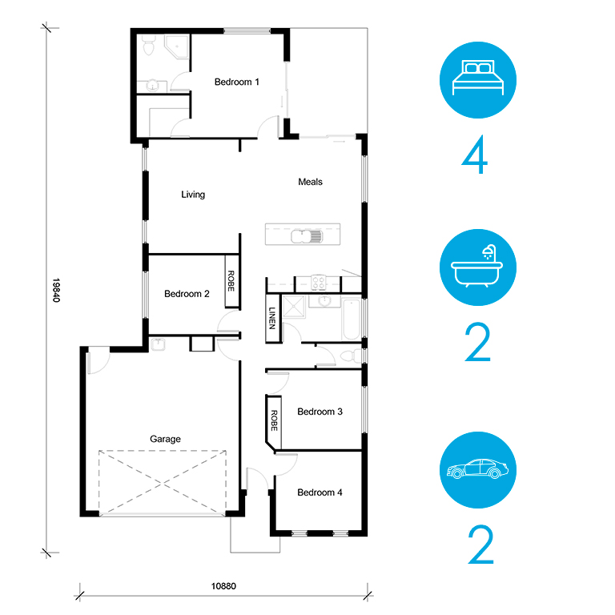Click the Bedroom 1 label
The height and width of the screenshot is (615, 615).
click(236, 82)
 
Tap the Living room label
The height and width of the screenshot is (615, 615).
click(193, 195)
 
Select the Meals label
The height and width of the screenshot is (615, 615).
click(310, 182)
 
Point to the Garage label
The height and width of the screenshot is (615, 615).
click(165, 439)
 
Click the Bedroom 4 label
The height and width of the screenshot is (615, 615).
click(320, 492)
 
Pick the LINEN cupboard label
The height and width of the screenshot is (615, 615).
click(272, 318)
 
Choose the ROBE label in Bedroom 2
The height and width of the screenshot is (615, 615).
click(231, 281)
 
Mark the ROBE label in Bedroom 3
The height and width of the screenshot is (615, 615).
click(274, 420)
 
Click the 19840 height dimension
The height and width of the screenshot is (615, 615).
click(56, 290)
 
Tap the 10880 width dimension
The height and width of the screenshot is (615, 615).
click(223, 586)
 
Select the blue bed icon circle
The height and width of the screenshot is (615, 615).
click(478, 80)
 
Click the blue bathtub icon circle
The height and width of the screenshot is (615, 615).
click(478, 267)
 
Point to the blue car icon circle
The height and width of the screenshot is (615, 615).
click(478, 470)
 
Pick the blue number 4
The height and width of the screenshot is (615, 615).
click(475, 155)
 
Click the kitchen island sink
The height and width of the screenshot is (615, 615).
click(307, 236)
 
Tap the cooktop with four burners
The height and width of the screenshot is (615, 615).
click(319, 283)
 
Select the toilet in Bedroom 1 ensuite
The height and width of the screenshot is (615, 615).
click(149, 46)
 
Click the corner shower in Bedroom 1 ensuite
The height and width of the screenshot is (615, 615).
click(177, 46)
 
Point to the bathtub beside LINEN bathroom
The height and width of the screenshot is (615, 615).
click(351, 319)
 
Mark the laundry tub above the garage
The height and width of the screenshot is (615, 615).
click(158, 344)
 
